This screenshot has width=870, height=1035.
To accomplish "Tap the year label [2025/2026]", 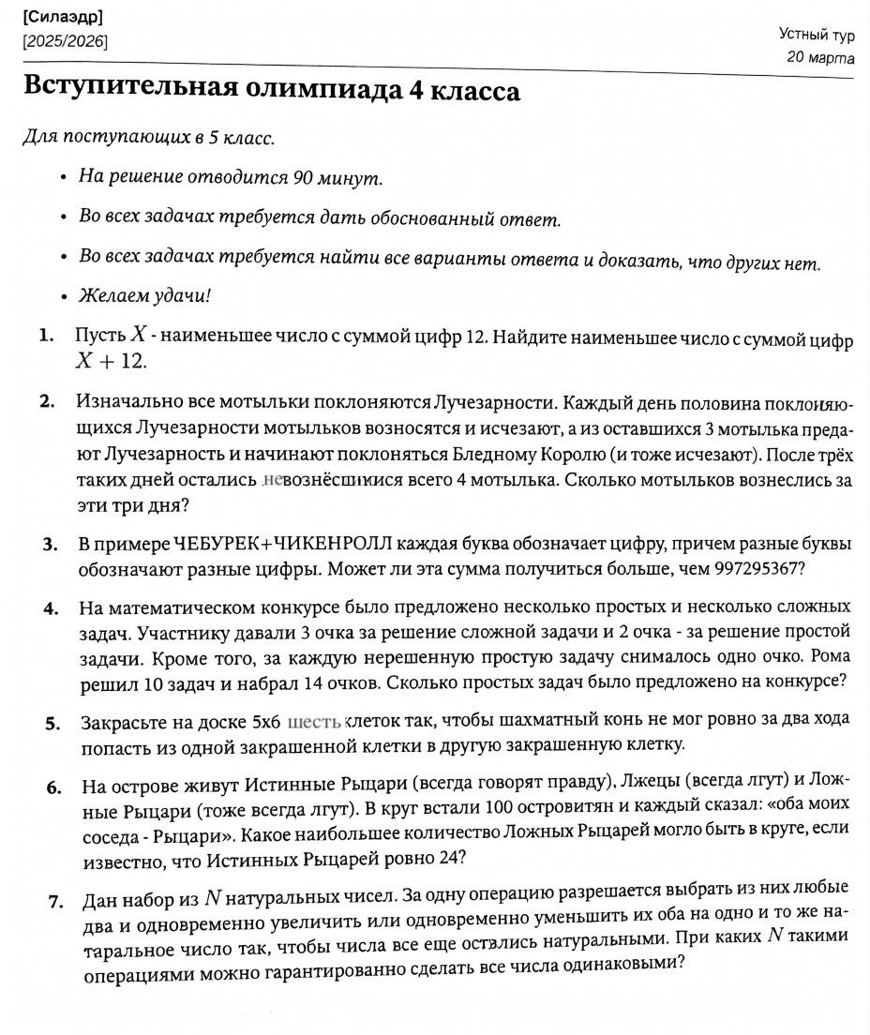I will point(66,41).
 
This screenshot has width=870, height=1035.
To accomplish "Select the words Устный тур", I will point(817,35).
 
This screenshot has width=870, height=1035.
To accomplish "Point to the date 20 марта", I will point(821,57).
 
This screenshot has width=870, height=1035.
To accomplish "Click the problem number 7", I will point(56,902).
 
